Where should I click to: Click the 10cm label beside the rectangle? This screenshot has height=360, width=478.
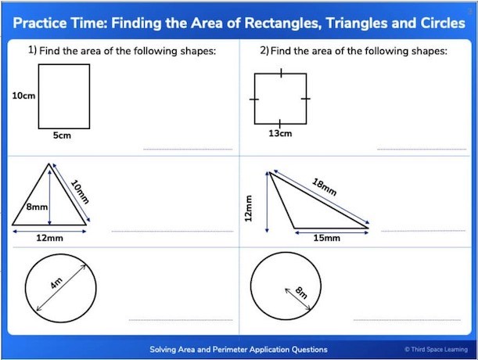[x=23, y=95]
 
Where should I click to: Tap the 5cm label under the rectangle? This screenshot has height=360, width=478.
[x=62, y=135]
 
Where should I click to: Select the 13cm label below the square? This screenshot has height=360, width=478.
[x=280, y=133]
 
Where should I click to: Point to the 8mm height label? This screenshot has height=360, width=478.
[x=37, y=207]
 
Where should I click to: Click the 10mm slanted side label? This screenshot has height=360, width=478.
[x=80, y=192]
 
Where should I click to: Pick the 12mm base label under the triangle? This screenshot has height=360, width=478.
[x=50, y=238]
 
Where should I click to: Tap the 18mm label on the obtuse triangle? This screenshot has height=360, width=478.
[x=325, y=187]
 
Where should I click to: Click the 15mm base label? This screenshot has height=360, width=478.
[x=327, y=238]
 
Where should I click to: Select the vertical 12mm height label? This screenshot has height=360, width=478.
[x=249, y=208]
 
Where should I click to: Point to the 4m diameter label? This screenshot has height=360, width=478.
[x=56, y=283]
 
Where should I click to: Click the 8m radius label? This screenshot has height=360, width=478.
[x=301, y=293]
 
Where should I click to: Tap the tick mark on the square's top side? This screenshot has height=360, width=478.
[x=281, y=74]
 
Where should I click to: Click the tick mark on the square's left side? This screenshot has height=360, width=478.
[x=254, y=99]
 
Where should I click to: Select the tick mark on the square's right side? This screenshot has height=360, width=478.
[x=306, y=99]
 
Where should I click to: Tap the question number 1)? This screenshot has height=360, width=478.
[x=33, y=50]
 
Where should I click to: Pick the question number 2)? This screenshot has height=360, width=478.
[x=264, y=50]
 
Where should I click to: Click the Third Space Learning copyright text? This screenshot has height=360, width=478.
[x=437, y=349]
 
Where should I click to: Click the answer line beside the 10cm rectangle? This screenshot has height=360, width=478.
[x=188, y=149]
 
